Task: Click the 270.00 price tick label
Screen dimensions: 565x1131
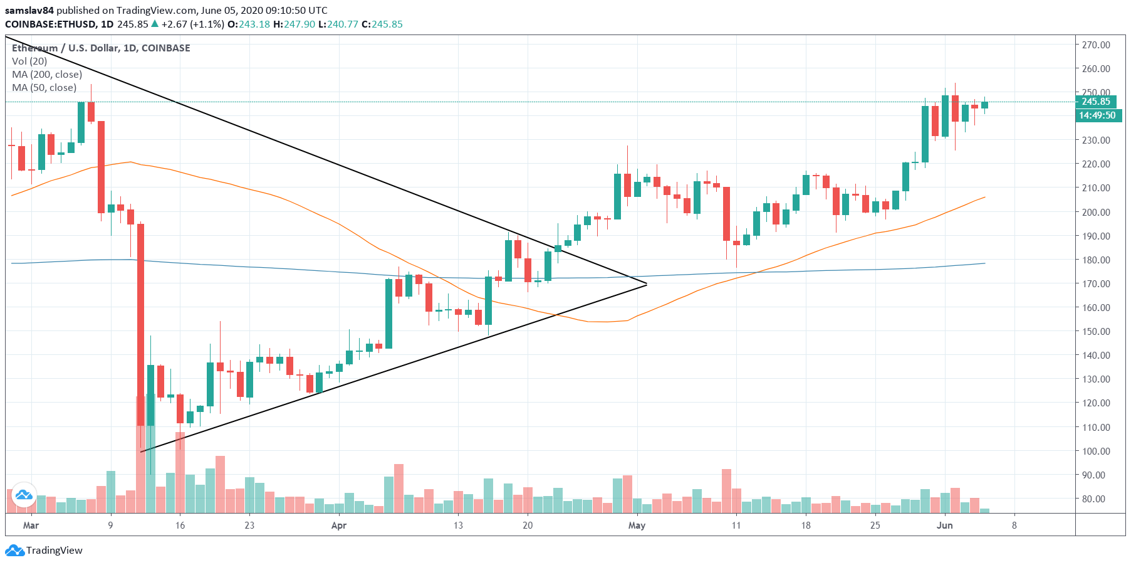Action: [1096, 45]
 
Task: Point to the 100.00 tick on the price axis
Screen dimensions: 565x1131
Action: [1096, 451]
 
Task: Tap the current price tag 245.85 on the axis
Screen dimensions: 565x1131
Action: [1096, 102]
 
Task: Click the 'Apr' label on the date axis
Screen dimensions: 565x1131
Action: [338, 525]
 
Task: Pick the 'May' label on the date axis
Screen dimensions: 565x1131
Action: [637, 525]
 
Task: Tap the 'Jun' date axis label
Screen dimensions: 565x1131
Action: [944, 525]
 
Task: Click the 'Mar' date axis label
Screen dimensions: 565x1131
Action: [31, 525]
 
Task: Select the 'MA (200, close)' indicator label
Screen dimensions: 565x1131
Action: [47, 75]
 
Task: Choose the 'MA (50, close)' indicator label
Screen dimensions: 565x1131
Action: [44, 88]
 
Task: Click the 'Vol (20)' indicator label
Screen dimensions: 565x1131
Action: [29, 61]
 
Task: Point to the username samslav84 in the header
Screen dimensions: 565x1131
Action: [29, 11]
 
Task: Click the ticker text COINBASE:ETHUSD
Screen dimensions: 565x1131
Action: [51, 24]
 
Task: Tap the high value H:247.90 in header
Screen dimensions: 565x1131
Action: [294, 24]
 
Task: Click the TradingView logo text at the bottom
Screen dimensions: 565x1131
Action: [54, 551]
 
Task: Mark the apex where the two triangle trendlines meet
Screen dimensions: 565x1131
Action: [646, 285]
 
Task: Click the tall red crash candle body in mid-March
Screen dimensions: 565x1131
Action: [140, 325]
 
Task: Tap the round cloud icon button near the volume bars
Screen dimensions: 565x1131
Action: [24, 495]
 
